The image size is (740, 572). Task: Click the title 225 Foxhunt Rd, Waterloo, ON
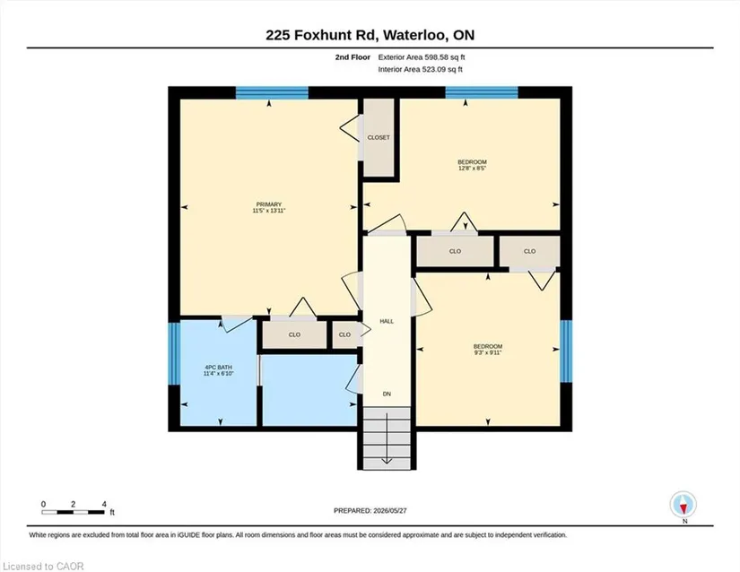[x=370, y=35]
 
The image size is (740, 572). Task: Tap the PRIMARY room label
[x=269, y=204]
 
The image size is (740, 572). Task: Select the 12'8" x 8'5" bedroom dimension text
[x=472, y=168]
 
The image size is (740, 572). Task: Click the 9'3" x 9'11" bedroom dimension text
[x=488, y=352]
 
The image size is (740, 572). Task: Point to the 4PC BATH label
[x=219, y=368]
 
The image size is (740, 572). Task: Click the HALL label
[x=387, y=321]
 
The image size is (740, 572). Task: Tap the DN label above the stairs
[x=387, y=394]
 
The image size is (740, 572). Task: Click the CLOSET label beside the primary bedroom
[x=379, y=138]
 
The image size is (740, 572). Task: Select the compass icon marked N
[x=683, y=504]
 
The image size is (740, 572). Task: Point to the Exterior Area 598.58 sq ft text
[x=422, y=57]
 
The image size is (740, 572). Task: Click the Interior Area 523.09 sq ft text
[x=420, y=69]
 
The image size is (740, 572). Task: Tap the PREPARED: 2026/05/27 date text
[x=370, y=510]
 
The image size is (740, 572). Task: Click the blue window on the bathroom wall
[x=174, y=353]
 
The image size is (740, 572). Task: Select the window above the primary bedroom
[x=272, y=92]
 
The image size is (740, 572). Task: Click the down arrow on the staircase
[x=387, y=438]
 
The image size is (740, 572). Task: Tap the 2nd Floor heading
[x=353, y=57]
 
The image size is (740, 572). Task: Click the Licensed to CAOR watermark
[x=43, y=567]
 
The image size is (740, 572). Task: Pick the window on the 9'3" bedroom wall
[x=566, y=351]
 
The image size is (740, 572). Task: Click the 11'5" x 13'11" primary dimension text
[x=269, y=211]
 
